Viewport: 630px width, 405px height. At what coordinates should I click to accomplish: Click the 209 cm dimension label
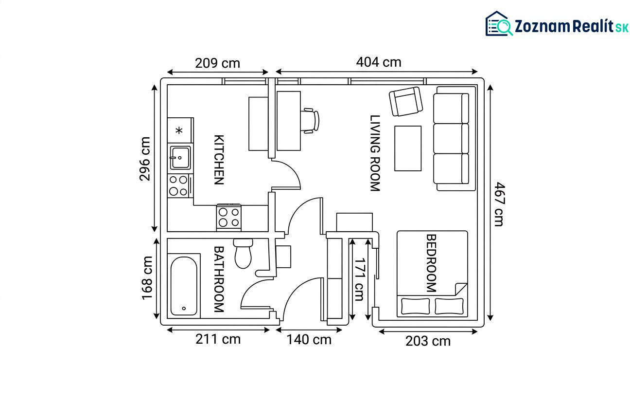[x=217, y=63]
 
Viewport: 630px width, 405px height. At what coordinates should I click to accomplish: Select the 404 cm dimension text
[x=379, y=62]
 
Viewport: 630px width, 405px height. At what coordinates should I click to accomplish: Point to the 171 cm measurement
[x=359, y=279]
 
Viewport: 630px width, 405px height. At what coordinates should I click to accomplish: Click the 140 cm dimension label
[x=309, y=340]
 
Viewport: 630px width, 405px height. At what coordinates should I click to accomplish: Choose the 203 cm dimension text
[x=428, y=341]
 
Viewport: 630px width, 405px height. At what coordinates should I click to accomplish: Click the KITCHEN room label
[x=219, y=160]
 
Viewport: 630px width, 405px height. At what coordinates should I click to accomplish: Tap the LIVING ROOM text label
[x=375, y=153]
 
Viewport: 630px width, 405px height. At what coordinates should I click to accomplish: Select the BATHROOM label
[x=219, y=279]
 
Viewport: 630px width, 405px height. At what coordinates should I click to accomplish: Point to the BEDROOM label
[x=432, y=263]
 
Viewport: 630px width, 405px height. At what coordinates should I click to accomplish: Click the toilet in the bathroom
[x=243, y=254]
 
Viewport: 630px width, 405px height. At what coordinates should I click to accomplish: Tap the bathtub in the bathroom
[x=184, y=286]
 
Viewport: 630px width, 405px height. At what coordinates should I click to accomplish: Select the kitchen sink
[x=180, y=157]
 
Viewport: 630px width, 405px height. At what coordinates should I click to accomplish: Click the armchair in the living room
[x=406, y=101]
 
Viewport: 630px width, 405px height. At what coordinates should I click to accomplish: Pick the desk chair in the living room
[x=310, y=121]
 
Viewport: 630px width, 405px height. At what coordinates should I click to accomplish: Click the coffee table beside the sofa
[x=408, y=148]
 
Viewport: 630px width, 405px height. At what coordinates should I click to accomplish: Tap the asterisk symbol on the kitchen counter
[x=179, y=130]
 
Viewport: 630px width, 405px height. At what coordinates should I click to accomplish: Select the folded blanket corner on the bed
[x=461, y=289]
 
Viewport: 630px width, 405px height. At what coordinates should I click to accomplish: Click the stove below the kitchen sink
[x=178, y=186]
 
